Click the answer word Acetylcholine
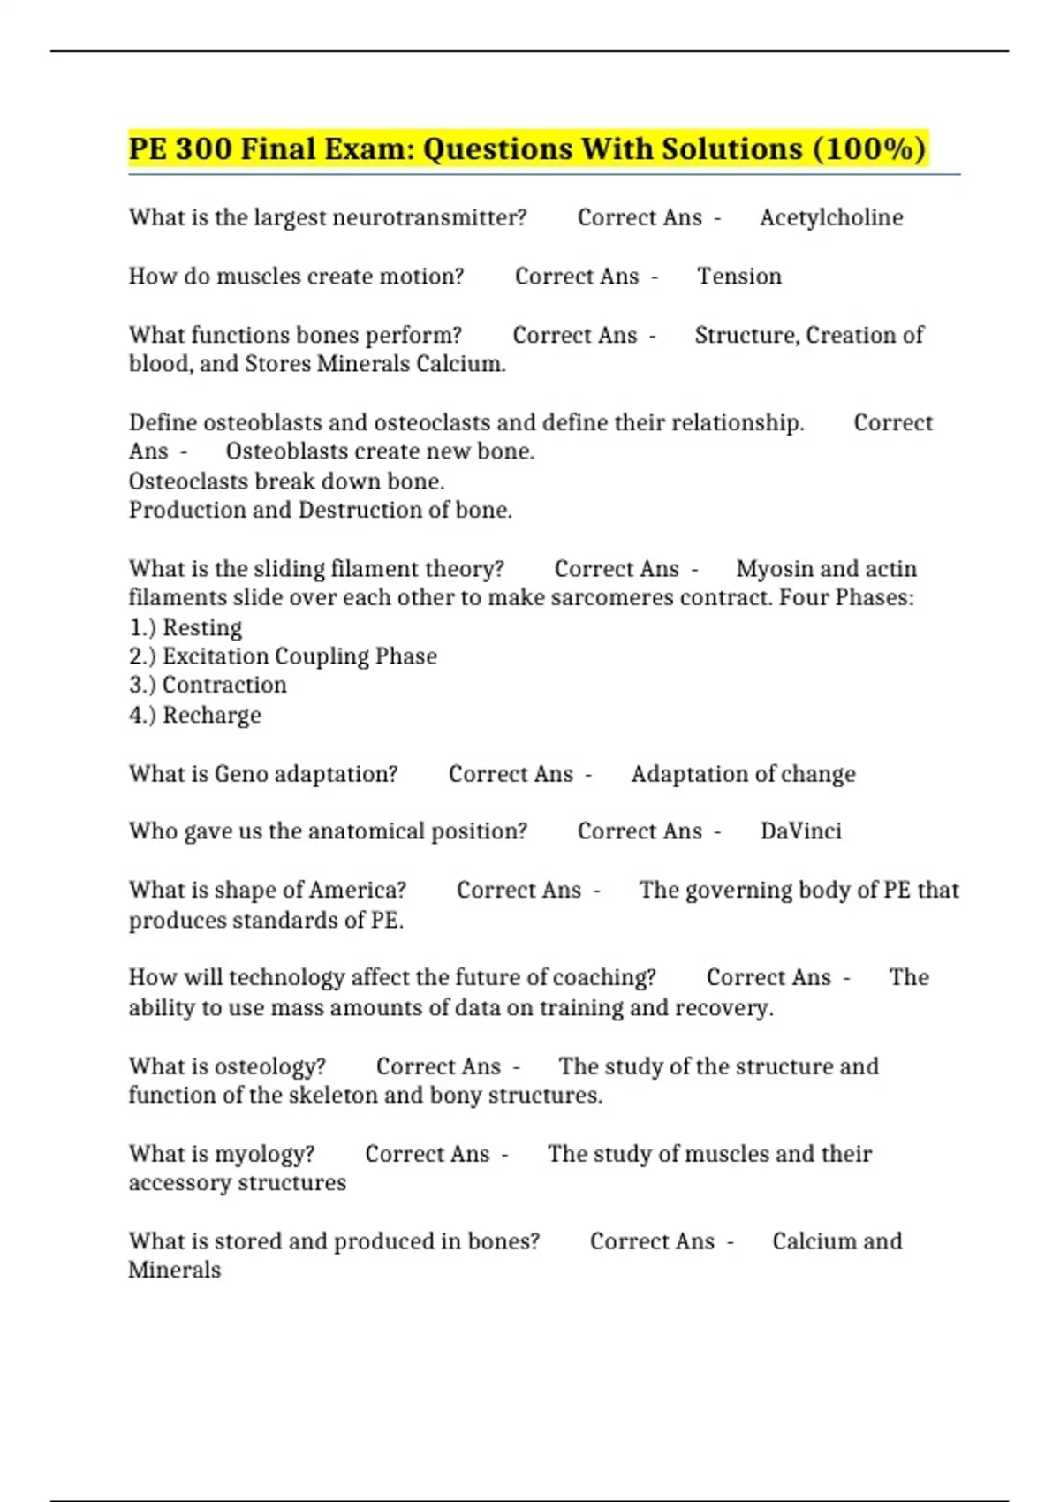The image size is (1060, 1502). click(x=831, y=217)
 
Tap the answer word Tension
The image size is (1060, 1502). click(x=739, y=277)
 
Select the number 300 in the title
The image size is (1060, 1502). click(x=203, y=148)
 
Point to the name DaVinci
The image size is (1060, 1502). click(x=800, y=831)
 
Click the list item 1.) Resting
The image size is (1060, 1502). click(x=185, y=627)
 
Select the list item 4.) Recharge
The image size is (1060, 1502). click(x=195, y=715)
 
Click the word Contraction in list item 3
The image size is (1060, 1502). click(x=224, y=686)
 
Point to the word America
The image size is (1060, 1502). click(x=360, y=890)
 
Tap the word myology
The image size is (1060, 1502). click(x=265, y=1154)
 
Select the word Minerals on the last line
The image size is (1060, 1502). click(x=174, y=1271)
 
